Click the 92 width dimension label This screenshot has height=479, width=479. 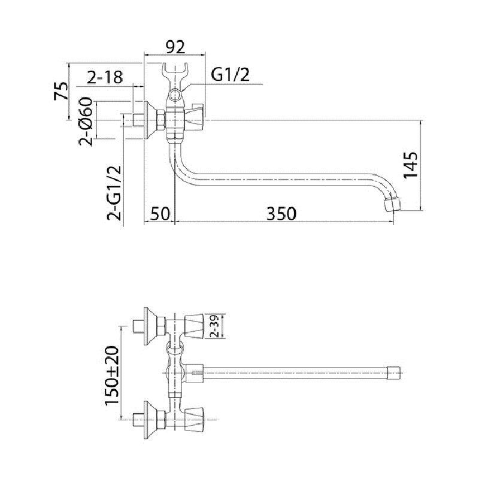coord(175,47)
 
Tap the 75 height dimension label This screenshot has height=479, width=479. coord(61,91)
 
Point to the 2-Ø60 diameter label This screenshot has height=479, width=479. coord(86,122)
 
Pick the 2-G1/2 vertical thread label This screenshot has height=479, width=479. coord(114,193)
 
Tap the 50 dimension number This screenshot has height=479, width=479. coord(160,214)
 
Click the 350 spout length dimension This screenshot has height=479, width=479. coord(281,214)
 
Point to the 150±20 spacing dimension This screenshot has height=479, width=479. coord(111,375)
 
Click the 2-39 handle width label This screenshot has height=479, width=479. coord(214,326)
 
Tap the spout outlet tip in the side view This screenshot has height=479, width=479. coord(392,204)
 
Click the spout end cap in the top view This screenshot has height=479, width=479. coord(393,372)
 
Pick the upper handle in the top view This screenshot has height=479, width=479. coord(194,326)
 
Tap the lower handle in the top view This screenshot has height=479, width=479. coord(194,419)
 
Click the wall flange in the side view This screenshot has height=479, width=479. coord(150,120)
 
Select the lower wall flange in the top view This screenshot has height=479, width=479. coord(150,420)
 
